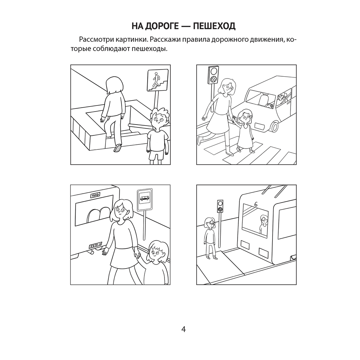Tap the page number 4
183,329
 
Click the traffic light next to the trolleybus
220,206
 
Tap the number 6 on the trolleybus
256,204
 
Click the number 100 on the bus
95,195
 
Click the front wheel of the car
275,126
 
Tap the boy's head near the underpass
158,118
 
